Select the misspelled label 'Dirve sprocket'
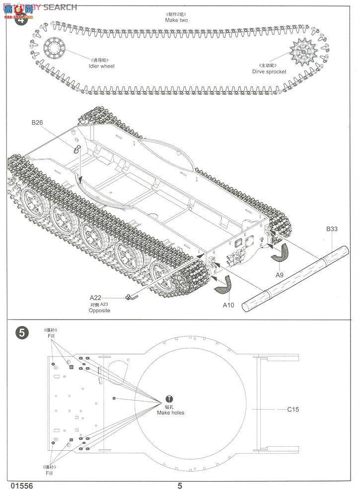click(269, 72)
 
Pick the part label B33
click(332, 229)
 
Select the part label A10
click(228, 304)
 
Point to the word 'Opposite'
click(99, 310)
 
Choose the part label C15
click(293, 410)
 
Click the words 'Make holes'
click(170, 412)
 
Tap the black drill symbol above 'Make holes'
click(170, 399)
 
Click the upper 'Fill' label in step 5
click(51, 336)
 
